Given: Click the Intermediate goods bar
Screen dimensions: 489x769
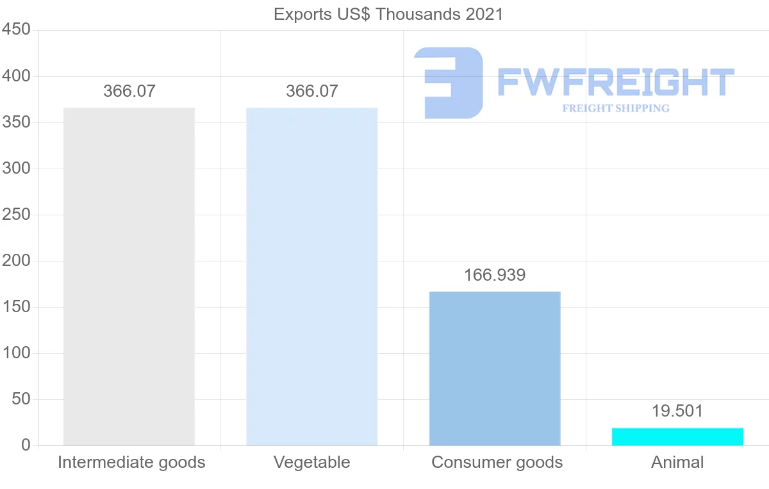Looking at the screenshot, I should point(129,276).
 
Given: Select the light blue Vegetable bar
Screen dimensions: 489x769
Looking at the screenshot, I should point(312,276).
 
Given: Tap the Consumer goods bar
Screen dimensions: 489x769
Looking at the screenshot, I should point(495,369).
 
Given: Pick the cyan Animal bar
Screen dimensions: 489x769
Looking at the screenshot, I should point(677,436).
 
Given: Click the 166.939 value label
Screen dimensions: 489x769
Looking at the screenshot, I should point(495,276).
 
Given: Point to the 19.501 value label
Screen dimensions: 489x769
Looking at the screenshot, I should point(677,411).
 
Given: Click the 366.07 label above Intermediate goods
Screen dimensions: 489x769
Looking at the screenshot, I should point(129,91).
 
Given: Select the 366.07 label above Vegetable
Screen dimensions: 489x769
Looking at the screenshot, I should point(312,91).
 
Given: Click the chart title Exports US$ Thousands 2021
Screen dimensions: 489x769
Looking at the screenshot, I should point(388,14).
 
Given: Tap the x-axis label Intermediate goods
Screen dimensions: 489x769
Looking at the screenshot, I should point(131,462).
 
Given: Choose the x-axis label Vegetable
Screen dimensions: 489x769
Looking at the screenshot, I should point(312,462).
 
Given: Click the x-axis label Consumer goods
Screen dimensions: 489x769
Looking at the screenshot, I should point(497,462).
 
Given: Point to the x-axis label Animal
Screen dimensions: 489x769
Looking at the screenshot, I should point(677,462).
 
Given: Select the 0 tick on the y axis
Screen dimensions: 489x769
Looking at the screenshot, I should point(26,445).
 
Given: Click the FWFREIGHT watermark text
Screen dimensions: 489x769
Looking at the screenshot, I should point(615,82).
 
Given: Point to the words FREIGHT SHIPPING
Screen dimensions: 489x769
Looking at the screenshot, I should point(616,108).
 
